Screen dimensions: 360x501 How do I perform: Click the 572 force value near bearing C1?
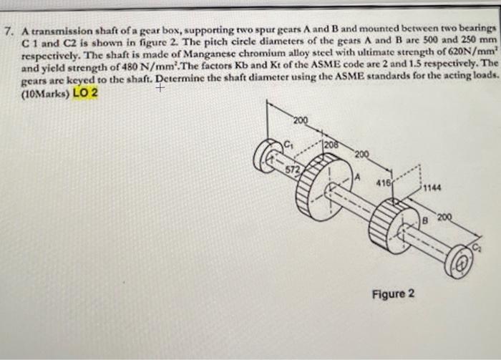click(293, 170)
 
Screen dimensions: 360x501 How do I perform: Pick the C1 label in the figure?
click(289, 139)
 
